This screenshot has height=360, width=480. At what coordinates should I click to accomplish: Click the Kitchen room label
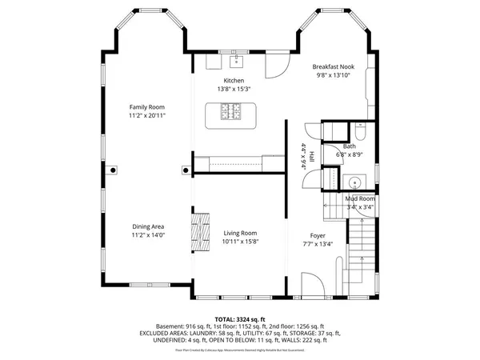pos(234,82)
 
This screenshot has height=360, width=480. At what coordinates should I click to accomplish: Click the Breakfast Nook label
pos(334,68)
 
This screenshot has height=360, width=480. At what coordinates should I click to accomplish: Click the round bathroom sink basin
pos(354,180)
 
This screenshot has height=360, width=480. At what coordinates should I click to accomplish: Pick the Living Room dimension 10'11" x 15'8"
pos(241,242)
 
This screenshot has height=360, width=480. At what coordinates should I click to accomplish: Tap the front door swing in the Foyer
pos(312,284)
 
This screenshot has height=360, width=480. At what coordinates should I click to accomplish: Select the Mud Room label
pos(359,198)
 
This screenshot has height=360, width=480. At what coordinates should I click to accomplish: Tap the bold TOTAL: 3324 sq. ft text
pos(240,319)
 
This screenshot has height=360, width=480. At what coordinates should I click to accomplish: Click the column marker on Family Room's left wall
pos(114,170)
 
